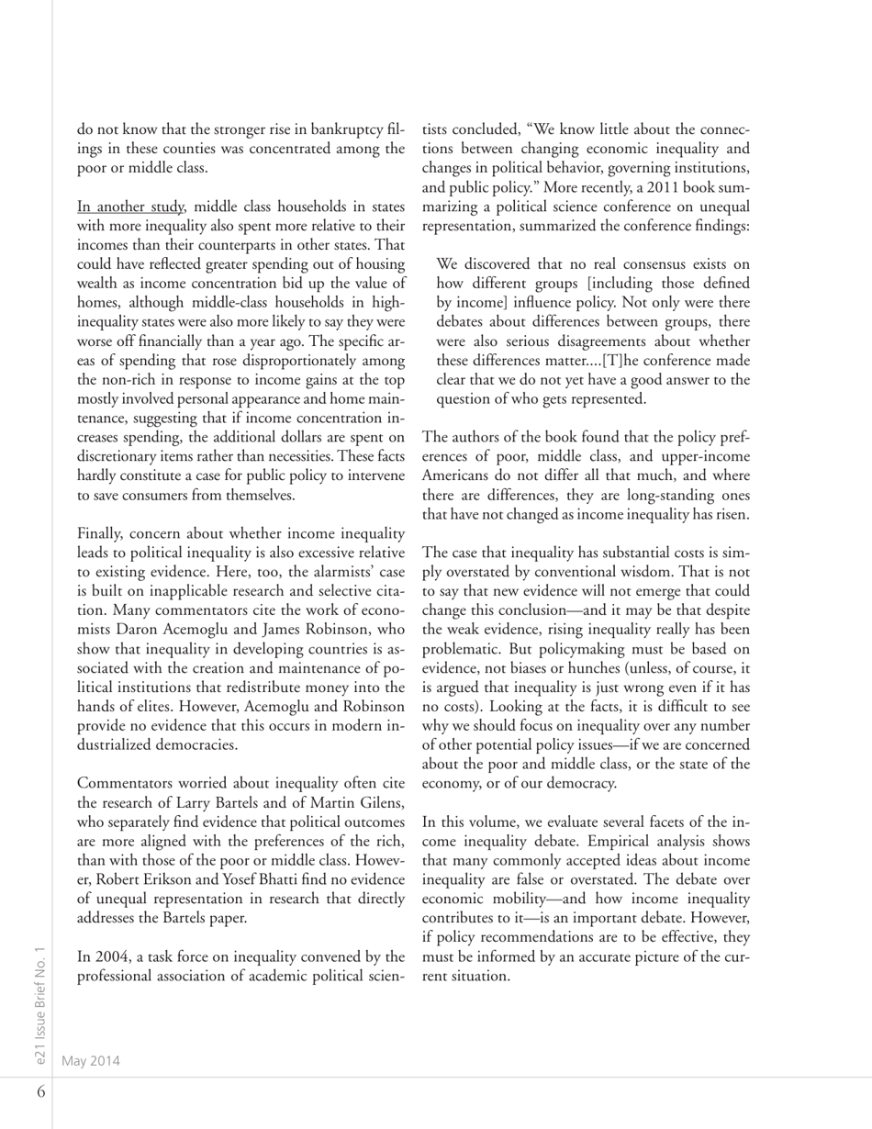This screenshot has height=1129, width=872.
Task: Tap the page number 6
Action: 41,1092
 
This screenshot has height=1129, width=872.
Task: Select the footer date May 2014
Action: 91,1060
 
